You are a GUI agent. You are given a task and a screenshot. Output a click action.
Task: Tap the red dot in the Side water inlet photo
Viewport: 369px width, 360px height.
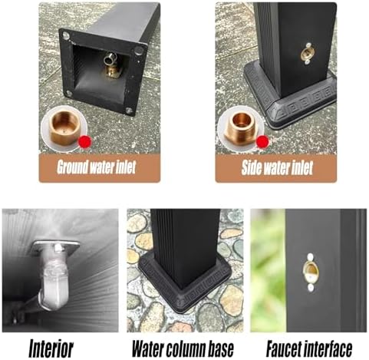[x=262, y=141]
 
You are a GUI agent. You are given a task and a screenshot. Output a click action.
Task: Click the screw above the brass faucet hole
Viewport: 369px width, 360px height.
[x=310, y=256]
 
